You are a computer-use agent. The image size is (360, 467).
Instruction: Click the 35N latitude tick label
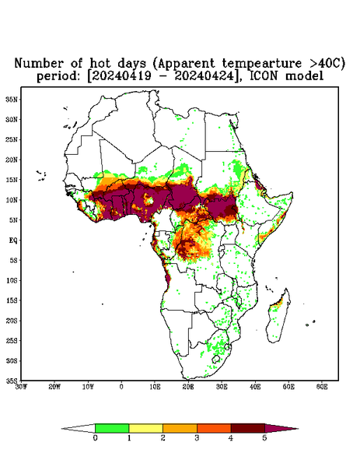[12, 99]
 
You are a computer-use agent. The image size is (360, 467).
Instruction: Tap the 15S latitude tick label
[12, 300]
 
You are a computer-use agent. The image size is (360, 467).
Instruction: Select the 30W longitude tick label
[21, 387]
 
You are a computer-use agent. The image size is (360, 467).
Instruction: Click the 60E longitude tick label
[322, 387]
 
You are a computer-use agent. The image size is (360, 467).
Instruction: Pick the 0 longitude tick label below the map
[121, 387]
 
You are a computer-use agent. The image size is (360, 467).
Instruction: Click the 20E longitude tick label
[188, 387]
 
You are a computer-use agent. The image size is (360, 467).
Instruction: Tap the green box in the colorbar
[112, 428]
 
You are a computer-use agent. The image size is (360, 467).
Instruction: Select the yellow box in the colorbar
[145, 428]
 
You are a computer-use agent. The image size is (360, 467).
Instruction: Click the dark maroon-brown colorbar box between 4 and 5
[248, 428]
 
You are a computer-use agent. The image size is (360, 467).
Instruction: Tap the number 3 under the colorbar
[197, 438]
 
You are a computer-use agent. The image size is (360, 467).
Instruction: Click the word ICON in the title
[264, 76]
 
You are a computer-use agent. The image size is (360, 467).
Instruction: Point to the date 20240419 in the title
[121, 76]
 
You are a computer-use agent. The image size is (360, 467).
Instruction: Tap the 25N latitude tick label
[12, 139]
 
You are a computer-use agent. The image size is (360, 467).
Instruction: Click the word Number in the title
[39, 64]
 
